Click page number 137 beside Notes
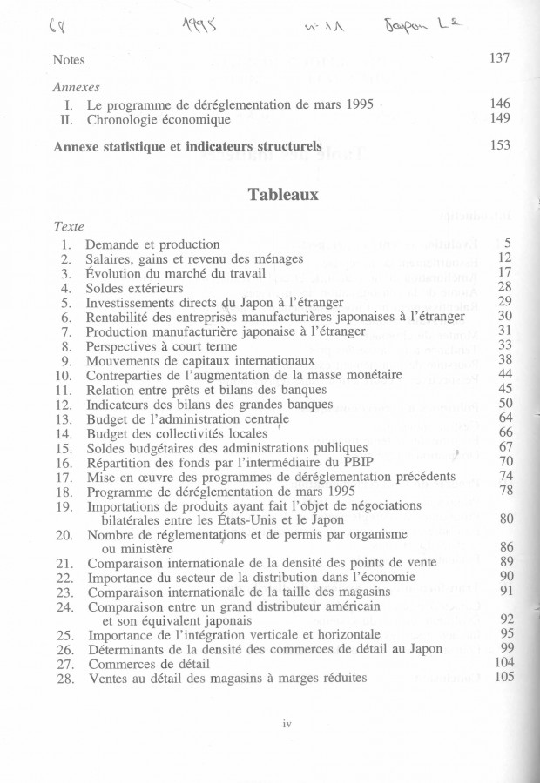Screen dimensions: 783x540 [499, 58]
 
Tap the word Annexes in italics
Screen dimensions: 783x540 [76, 88]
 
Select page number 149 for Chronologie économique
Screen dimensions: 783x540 [499, 118]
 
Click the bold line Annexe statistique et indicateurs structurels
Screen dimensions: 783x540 [187, 145]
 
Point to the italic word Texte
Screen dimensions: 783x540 [68, 226]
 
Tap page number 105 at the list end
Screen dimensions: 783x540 [503, 678]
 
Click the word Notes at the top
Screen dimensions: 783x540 [69, 60]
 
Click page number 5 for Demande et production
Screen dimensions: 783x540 [507, 243]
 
